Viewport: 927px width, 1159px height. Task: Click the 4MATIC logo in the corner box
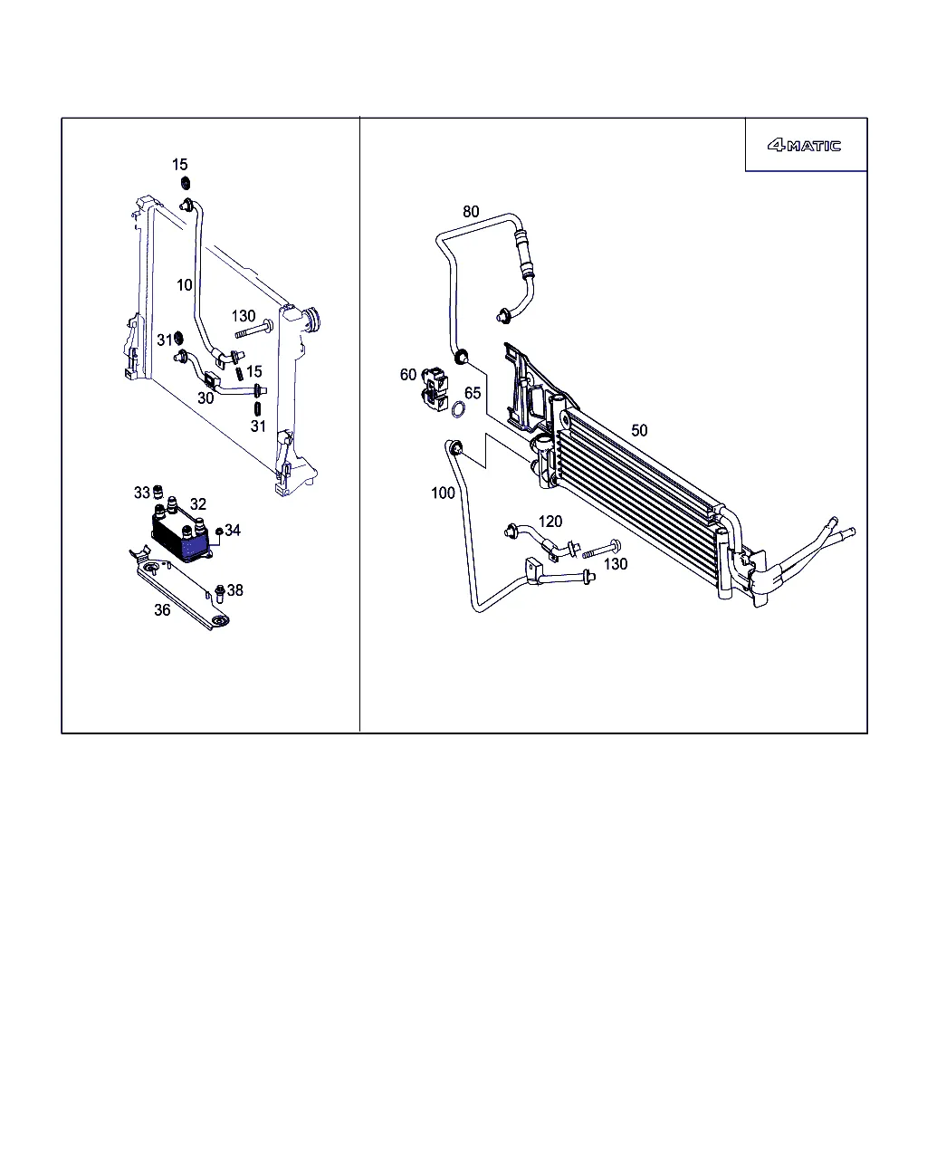coord(804,146)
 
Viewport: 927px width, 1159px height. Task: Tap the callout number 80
coord(471,212)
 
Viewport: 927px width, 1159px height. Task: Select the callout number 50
coord(639,430)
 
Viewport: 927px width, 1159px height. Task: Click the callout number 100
coord(443,493)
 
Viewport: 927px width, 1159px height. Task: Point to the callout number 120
coord(550,522)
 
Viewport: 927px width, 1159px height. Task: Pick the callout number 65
coord(473,393)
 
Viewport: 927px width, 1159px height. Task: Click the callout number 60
coord(408,374)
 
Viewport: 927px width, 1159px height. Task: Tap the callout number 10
coord(184,285)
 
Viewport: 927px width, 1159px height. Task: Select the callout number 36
coord(162,609)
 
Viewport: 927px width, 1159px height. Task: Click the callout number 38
coord(234,590)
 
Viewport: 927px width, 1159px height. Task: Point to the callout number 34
coord(233,530)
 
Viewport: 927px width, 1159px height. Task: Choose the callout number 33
coord(141,493)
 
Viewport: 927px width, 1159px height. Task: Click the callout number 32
coord(198,504)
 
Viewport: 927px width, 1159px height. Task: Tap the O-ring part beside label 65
coord(458,410)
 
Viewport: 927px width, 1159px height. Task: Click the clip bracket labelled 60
coord(435,388)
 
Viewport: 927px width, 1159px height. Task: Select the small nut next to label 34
coord(219,532)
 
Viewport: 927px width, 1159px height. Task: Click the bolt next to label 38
coord(219,593)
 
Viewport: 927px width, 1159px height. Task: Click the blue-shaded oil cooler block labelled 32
coord(180,536)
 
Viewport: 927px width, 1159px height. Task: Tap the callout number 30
coord(205,398)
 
